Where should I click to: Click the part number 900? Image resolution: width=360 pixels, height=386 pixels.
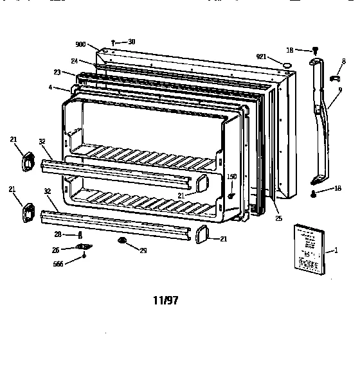[x=80, y=44]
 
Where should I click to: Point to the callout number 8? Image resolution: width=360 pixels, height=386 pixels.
[x=343, y=61]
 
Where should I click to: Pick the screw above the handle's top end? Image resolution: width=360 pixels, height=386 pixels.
[x=315, y=50]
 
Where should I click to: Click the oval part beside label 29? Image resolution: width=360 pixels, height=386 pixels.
[x=122, y=241]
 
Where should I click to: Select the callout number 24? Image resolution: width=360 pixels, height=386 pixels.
[x=75, y=62]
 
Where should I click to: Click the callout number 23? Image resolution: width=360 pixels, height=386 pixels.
[x=57, y=72]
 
